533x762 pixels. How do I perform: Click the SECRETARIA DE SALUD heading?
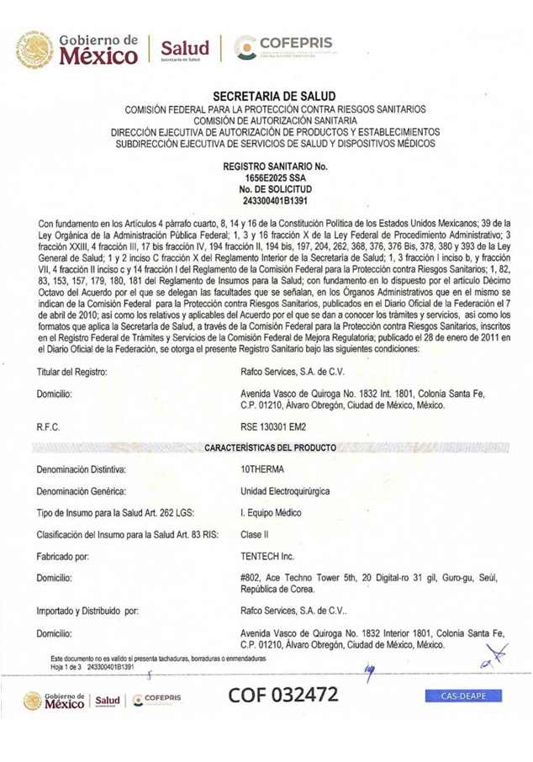point(274,97)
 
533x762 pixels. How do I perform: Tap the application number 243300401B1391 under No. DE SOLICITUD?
point(274,202)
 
